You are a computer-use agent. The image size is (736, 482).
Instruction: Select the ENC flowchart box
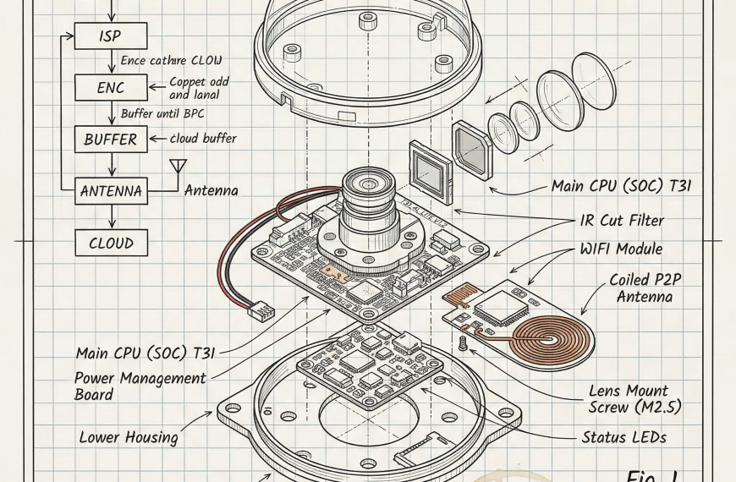[x=111, y=86]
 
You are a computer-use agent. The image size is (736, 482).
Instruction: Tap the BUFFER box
[x=111, y=139]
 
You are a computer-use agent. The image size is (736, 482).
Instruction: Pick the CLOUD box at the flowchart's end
[x=111, y=243]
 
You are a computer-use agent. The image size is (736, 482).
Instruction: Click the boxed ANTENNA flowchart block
[x=111, y=191]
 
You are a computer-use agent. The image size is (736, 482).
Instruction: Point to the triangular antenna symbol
[x=178, y=166]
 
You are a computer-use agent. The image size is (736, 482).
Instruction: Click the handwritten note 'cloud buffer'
[x=203, y=139]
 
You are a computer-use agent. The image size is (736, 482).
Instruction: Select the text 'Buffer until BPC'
[x=162, y=112]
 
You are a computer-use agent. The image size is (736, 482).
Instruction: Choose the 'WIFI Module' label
[x=620, y=249]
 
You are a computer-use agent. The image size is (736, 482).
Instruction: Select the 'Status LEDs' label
[x=624, y=437]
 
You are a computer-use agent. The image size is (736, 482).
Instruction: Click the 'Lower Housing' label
[x=129, y=437]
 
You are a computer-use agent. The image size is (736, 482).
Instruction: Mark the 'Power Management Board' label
[x=140, y=386]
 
